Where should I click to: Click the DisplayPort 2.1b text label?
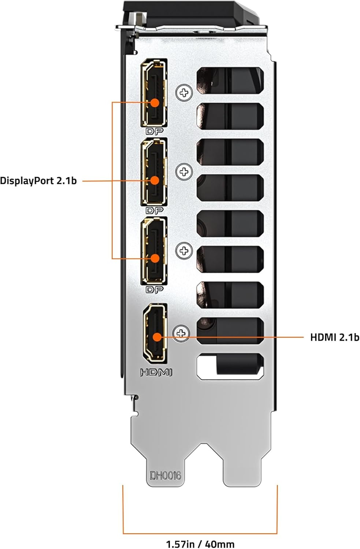click(x=38, y=180)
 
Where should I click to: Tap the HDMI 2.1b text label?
click(x=334, y=337)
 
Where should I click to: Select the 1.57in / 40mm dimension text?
click(x=200, y=544)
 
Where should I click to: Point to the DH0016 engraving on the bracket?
click(x=165, y=475)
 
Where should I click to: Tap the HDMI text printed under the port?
click(x=156, y=373)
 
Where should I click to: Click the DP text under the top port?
click(x=154, y=131)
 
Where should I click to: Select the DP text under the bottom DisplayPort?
click(x=154, y=290)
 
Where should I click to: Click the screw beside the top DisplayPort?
click(x=184, y=93)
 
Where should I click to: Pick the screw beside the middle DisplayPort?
click(x=184, y=171)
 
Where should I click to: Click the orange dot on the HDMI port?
click(x=157, y=337)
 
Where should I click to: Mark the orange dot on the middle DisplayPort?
click(x=155, y=180)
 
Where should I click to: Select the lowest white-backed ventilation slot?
click(x=230, y=366)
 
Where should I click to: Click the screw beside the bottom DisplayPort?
click(x=184, y=251)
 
